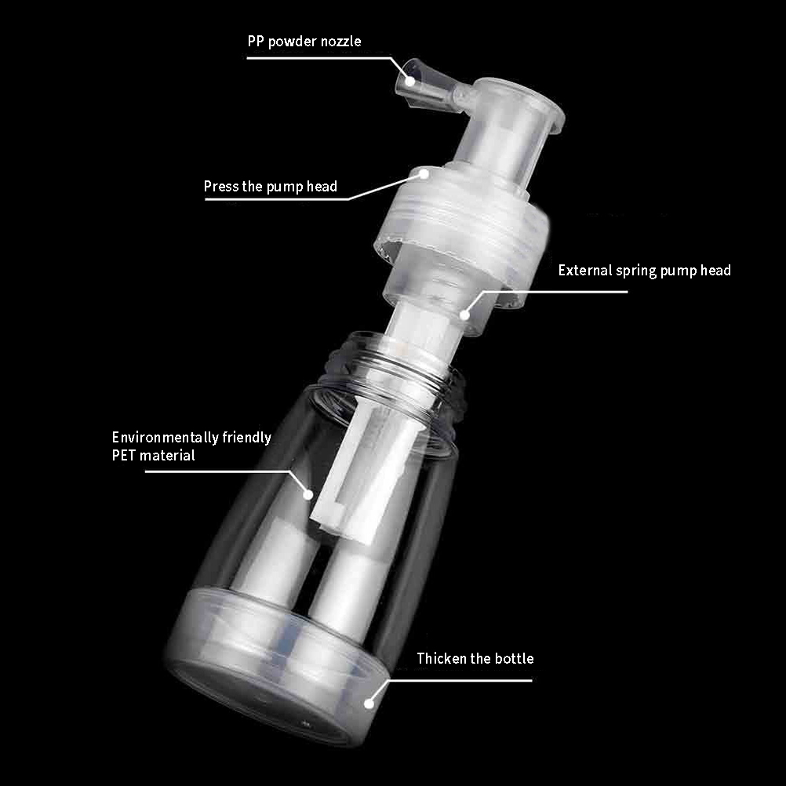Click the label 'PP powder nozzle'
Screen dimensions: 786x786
[x=304, y=42]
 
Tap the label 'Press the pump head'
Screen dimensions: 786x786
[x=270, y=187]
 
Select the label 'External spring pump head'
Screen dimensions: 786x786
[x=644, y=271]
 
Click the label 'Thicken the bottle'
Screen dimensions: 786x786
[x=475, y=658]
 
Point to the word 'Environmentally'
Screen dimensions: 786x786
[x=165, y=438]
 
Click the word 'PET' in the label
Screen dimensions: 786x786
[x=123, y=456]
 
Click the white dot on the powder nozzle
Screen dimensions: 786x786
[x=410, y=81]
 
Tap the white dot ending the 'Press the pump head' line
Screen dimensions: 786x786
[x=424, y=174]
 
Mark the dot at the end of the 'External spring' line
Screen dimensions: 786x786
[x=464, y=315]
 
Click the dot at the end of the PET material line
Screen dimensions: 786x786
[x=308, y=495]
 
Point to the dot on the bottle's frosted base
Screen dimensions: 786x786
[x=369, y=704]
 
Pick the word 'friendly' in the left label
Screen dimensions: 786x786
[x=246, y=438]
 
